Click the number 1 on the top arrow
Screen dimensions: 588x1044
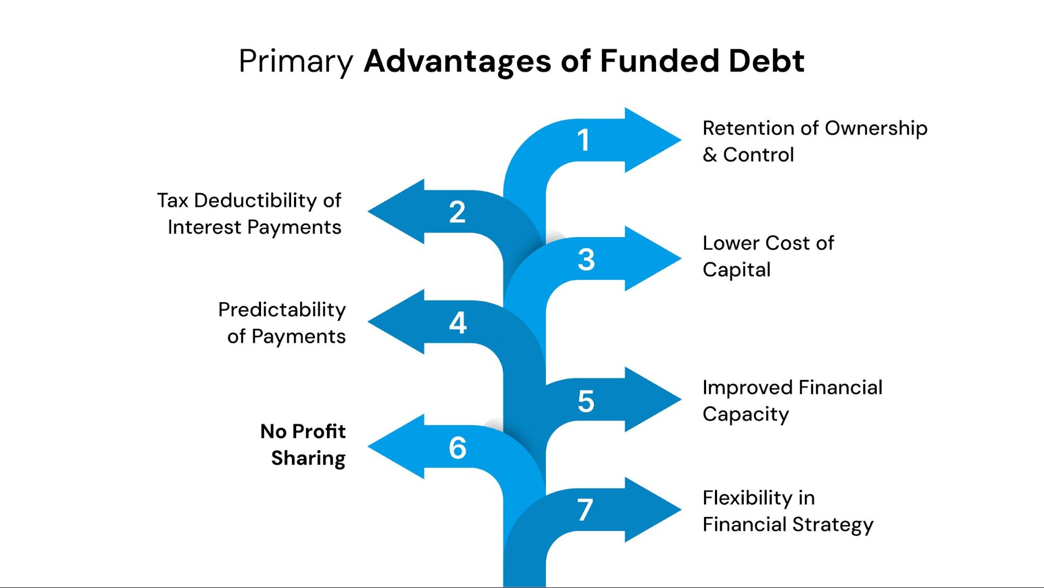583,140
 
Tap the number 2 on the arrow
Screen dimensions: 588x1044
457,212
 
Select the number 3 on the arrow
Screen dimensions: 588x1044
586,260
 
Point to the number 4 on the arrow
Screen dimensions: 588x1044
458,323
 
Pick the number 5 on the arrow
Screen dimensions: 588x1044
586,402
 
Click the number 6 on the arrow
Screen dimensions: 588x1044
458,448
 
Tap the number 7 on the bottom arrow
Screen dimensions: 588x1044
585,510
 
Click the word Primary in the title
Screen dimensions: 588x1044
296,62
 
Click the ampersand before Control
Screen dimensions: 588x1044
709,155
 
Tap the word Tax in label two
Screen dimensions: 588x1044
172,201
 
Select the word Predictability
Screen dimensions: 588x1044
282,310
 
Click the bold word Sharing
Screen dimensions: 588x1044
308,458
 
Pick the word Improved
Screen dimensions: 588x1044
746,388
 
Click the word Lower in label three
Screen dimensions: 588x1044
731,243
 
